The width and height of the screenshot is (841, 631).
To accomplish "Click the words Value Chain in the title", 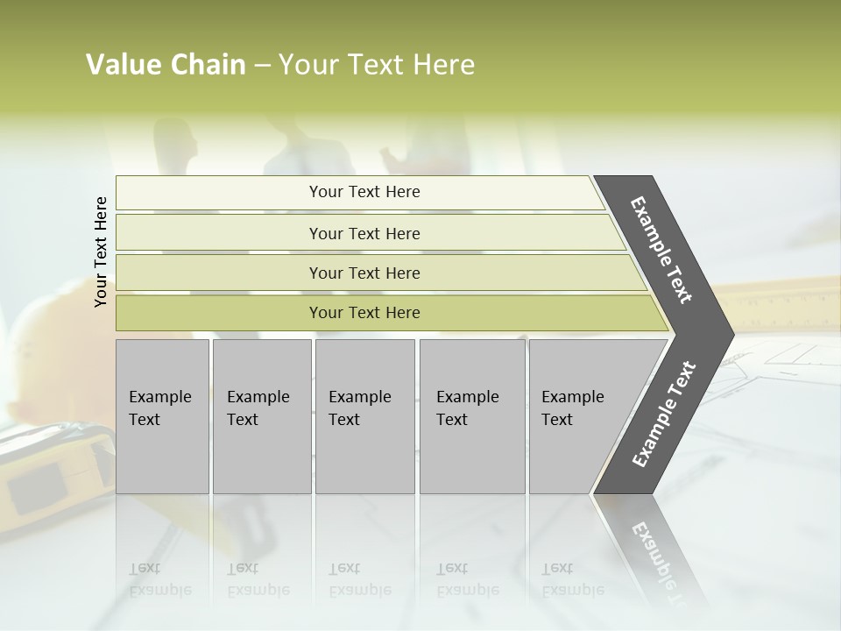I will (x=166, y=65).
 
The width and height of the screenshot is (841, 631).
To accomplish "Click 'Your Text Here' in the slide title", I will (x=377, y=65).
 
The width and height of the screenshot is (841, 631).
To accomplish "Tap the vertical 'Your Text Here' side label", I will (x=101, y=252).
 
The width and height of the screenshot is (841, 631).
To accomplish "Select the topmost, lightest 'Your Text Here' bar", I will (x=364, y=192).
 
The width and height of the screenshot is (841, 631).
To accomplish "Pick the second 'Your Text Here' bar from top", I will (x=364, y=233).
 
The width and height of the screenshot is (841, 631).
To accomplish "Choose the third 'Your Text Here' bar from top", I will (x=364, y=273).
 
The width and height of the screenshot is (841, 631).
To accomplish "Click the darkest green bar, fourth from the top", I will (x=364, y=313).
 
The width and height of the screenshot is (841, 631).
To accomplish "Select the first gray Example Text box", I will (x=162, y=416).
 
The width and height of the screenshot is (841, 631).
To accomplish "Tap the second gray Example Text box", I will (x=261, y=416).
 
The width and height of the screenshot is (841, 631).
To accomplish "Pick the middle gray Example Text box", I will (x=364, y=416).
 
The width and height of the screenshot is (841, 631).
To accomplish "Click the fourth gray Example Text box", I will (x=471, y=416).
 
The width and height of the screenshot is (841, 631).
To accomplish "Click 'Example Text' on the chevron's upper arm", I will (x=661, y=250).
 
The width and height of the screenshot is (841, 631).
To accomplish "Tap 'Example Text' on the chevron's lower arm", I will (x=663, y=415).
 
